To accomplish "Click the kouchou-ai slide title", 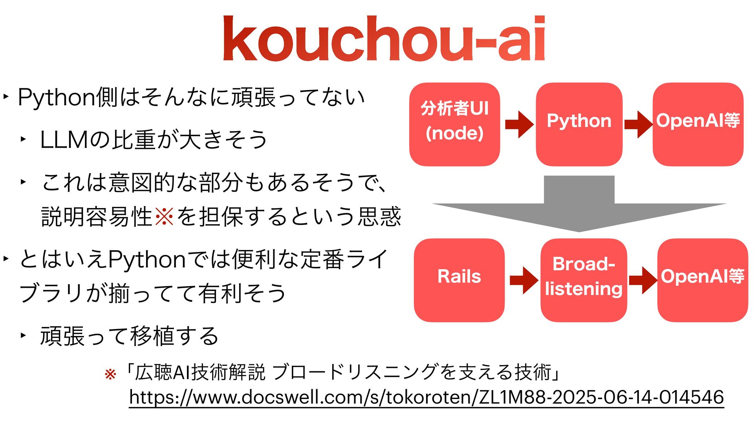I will (x=384, y=38).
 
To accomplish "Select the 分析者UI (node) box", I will (x=454, y=124).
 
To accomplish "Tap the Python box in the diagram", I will (x=579, y=124).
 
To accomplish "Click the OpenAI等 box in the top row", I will (x=698, y=124).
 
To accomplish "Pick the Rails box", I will (x=459, y=280).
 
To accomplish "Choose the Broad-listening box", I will (x=584, y=280).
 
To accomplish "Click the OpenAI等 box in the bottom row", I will (x=703, y=280).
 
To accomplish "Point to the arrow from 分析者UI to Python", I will (x=519, y=124).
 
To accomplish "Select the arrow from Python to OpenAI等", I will (x=638, y=124).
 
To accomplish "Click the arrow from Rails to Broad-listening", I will (x=523, y=280).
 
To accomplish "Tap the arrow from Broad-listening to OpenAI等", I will (x=643, y=280).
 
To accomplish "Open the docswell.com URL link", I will (x=426, y=397).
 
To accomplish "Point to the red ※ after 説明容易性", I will (x=164, y=216).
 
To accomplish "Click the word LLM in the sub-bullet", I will (x=64, y=140).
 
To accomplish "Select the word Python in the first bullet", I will (x=57, y=97).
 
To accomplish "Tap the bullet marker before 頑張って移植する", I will (x=23, y=335).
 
